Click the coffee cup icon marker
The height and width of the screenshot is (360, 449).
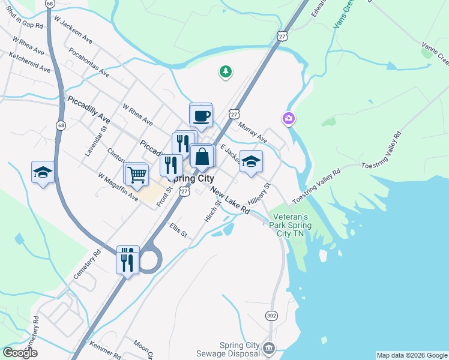[x=201, y=115]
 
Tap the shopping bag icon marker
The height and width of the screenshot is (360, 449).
[x=203, y=157]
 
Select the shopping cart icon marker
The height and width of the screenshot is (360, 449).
[x=137, y=175]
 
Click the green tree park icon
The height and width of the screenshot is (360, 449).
[x=225, y=72]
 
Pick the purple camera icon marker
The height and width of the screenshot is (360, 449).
[x=289, y=119]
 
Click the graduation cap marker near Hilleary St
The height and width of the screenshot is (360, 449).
[x=252, y=161]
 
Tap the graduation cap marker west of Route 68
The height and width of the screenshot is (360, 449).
[x=43, y=173]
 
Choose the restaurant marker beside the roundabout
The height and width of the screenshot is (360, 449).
[x=128, y=260]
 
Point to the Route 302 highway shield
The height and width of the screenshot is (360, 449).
[x=272, y=316]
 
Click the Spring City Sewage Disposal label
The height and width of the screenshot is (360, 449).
[x=239, y=350]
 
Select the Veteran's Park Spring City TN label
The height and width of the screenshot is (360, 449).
[x=291, y=225]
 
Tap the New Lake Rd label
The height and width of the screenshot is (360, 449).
[x=230, y=200]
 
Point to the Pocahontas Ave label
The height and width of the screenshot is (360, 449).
[x=89, y=62]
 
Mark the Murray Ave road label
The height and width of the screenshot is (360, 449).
[x=252, y=133]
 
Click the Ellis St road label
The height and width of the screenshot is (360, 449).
[x=178, y=230]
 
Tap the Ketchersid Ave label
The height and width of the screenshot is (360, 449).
[x=29, y=62]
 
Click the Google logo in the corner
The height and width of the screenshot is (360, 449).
[x=20, y=353]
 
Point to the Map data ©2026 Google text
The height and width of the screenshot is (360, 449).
[x=412, y=355]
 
